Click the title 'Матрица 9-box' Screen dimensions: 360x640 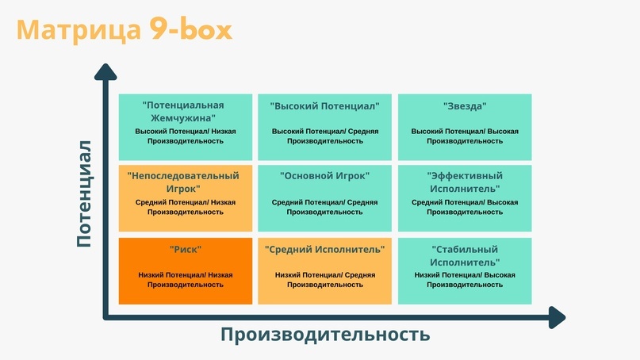click(x=125, y=29)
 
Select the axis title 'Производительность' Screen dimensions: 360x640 click(x=325, y=334)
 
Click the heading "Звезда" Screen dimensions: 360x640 click(x=465, y=106)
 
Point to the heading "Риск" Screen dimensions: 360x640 click(x=186, y=250)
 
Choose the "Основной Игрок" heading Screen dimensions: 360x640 click(x=325, y=176)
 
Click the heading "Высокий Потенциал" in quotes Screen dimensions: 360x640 click(x=325, y=106)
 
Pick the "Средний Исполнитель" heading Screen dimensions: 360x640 click(x=325, y=250)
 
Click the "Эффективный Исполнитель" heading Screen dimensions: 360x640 click(x=465, y=182)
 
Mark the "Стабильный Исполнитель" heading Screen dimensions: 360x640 click(x=465, y=255)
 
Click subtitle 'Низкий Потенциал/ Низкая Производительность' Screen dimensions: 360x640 click(x=186, y=280)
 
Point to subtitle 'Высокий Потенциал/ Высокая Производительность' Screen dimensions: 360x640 click(x=465, y=136)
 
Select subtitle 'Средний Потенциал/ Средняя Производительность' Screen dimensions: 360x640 click(x=325, y=207)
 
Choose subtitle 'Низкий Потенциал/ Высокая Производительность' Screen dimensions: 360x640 click(x=465, y=280)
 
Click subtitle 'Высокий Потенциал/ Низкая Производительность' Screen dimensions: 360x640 click(x=186, y=136)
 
